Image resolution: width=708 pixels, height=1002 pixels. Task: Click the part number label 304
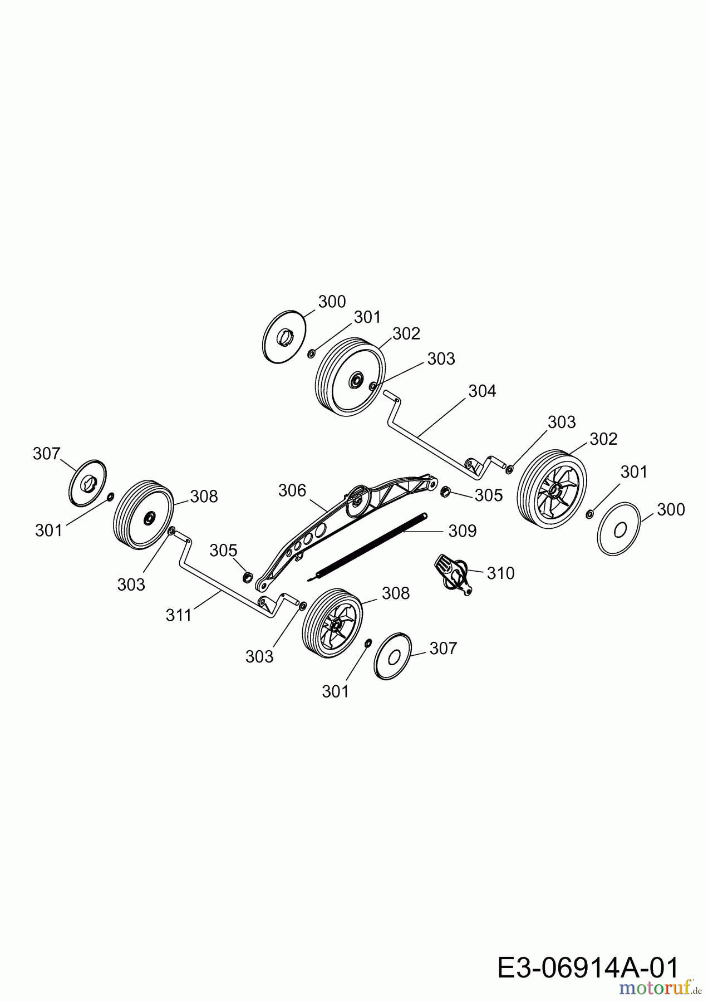pos(482,391)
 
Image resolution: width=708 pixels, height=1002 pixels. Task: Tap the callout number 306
pos(292,490)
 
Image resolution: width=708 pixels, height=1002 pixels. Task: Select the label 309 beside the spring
pos(463,531)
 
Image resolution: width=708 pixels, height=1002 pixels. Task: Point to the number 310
pos(501,573)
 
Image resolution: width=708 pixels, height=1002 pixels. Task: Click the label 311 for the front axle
pos(179,615)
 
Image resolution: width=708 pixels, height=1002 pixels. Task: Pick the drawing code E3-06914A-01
pos(588,968)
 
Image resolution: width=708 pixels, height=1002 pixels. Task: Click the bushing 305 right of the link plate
pos(445,492)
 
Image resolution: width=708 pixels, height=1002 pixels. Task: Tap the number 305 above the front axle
pos(224,551)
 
